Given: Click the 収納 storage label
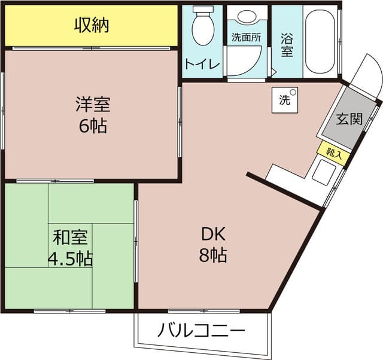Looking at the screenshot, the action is tap(92, 25).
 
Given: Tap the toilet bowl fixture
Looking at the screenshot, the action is tap(203, 26).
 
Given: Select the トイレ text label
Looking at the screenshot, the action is tap(202, 64).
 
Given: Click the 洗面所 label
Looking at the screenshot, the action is tap(246, 37).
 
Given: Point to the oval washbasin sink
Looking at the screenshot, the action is tap(247, 16).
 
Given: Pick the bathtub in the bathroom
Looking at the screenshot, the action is tap(320, 41).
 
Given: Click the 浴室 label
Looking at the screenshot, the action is tap(287, 45).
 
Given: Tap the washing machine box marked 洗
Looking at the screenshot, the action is tap(285, 100).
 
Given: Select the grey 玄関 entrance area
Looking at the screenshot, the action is tap(349, 118).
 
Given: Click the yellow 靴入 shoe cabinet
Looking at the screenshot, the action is tap(334, 154).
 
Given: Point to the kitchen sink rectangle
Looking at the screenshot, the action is tap(324, 172).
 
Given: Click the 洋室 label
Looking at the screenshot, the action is tap(93, 105).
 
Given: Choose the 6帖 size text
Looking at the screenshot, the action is tap(93, 126).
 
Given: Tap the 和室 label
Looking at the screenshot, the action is tap(71, 237).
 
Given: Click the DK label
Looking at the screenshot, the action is tap(213, 234).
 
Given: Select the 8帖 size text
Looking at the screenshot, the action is tap(213, 255).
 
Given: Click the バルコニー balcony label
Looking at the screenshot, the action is tap(201, 330).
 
